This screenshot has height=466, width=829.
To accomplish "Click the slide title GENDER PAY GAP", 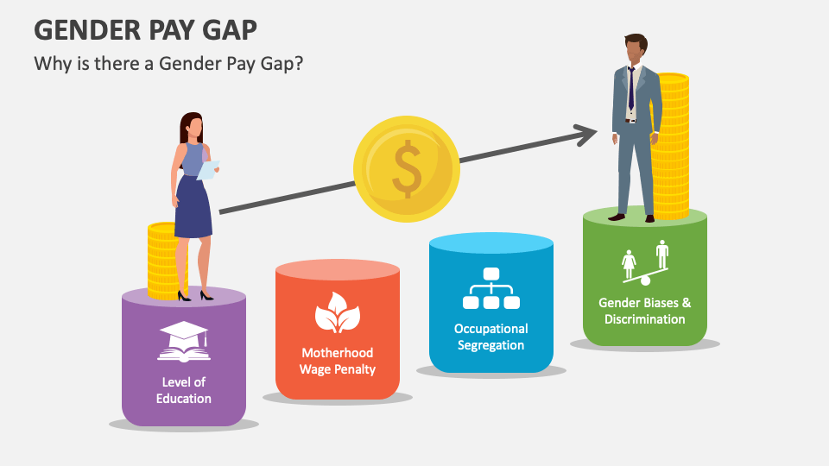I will (145, 29).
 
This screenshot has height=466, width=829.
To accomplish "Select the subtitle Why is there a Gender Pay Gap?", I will (168, 64).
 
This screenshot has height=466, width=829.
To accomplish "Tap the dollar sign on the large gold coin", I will (406, 170).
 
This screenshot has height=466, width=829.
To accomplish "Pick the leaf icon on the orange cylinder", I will (337, 312).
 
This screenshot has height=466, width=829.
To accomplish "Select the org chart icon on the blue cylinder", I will (490, 289).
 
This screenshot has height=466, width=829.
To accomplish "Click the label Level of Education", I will (184, 390).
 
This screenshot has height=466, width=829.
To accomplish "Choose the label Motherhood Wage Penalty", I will (338, 361).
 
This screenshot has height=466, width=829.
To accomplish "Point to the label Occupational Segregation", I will (491, 337).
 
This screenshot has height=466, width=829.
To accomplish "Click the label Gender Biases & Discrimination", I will (645, 311).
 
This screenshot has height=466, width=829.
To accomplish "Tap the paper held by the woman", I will (208, 169).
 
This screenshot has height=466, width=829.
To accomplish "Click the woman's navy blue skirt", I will (193, 210).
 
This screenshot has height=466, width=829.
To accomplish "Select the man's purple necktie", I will (630, 86).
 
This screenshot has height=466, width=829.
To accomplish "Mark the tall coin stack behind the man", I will (671, 147).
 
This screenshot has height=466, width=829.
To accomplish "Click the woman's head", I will (192, 127).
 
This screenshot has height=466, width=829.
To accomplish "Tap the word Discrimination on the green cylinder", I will (645, 319).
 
